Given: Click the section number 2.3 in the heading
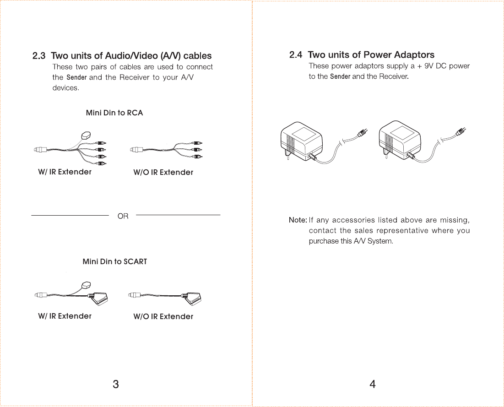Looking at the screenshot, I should (39, 56).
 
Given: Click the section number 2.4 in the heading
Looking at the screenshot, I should (296, 55).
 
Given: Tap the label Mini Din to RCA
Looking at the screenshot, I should (114, 113).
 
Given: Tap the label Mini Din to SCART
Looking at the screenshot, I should (114, 261).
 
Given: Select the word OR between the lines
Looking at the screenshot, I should (123, 216).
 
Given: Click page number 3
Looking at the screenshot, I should (116, 384).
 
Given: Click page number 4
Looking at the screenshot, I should (373, 384).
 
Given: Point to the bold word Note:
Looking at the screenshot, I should (298, 220).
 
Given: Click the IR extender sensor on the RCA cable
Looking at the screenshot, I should (85, 135).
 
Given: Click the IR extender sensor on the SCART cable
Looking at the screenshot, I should (86, 285).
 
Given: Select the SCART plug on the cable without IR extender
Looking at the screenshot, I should (193, 298).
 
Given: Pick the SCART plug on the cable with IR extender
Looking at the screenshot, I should (98, 298).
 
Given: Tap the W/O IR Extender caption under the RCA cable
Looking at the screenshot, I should (163, 172).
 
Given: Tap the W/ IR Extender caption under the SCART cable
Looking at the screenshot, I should (65, 316).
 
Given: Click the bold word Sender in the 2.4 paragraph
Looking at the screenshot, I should (340, 76).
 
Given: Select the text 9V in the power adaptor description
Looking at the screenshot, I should (429, 66).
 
